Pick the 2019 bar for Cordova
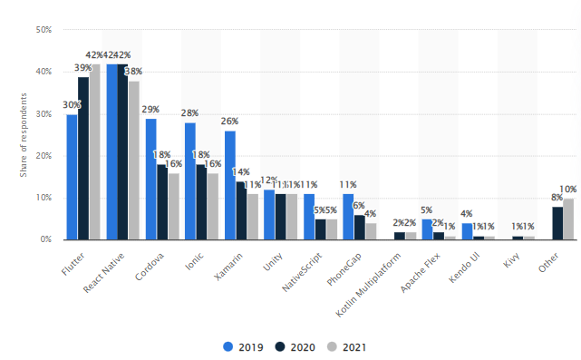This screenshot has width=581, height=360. [x=150, y=179]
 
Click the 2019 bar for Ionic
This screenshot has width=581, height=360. [x=190, y=180]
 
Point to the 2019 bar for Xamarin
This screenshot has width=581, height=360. [x=229, y=185]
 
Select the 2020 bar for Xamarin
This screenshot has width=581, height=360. [x=241, y=210]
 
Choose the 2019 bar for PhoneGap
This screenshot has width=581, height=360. [x=348, y=217]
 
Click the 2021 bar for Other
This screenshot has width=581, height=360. [x=568, y=219]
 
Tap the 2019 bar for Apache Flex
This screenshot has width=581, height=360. [x=427, y=229]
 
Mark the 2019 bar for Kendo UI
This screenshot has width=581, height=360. [x=467, y=231]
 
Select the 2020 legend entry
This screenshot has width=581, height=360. [x=296, y=346]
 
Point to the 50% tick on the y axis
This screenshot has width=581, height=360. [x=42, y=30]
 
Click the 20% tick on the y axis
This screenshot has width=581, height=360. [x=42, y=156]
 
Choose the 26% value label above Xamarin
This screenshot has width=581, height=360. [x=229, y=122]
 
